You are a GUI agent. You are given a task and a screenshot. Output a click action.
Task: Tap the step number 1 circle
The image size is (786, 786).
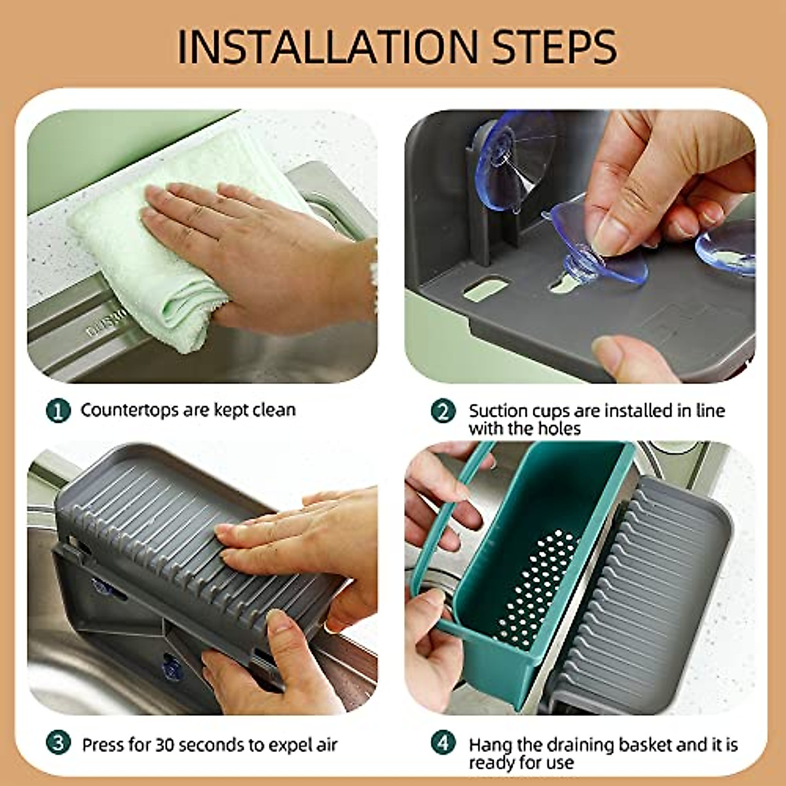pyautogui.click(x=58, y=411)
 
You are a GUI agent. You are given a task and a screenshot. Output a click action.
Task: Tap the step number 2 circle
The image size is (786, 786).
pyautogui.click(x=443, y=411)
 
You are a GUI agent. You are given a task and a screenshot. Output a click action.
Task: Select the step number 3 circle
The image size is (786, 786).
pyautogui.click(x=58, y=744)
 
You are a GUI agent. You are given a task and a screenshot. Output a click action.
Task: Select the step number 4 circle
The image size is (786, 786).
pyautogui.click(x=443, y=744)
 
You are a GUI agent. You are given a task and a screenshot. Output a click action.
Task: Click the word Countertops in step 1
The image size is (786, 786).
pyautogui.click(x=130, y=410)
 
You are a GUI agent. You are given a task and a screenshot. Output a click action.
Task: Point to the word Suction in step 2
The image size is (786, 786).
pyautogui.click(x=498, y=411)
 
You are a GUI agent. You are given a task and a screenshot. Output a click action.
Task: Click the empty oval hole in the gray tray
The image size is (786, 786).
pyautogui.click(x=485, y=289)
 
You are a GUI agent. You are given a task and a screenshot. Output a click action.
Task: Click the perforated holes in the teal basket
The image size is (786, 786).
pyautogui.click(x=537, y=589)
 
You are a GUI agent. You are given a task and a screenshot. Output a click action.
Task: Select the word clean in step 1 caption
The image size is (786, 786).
pyautogui.click(x=274, y=410)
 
